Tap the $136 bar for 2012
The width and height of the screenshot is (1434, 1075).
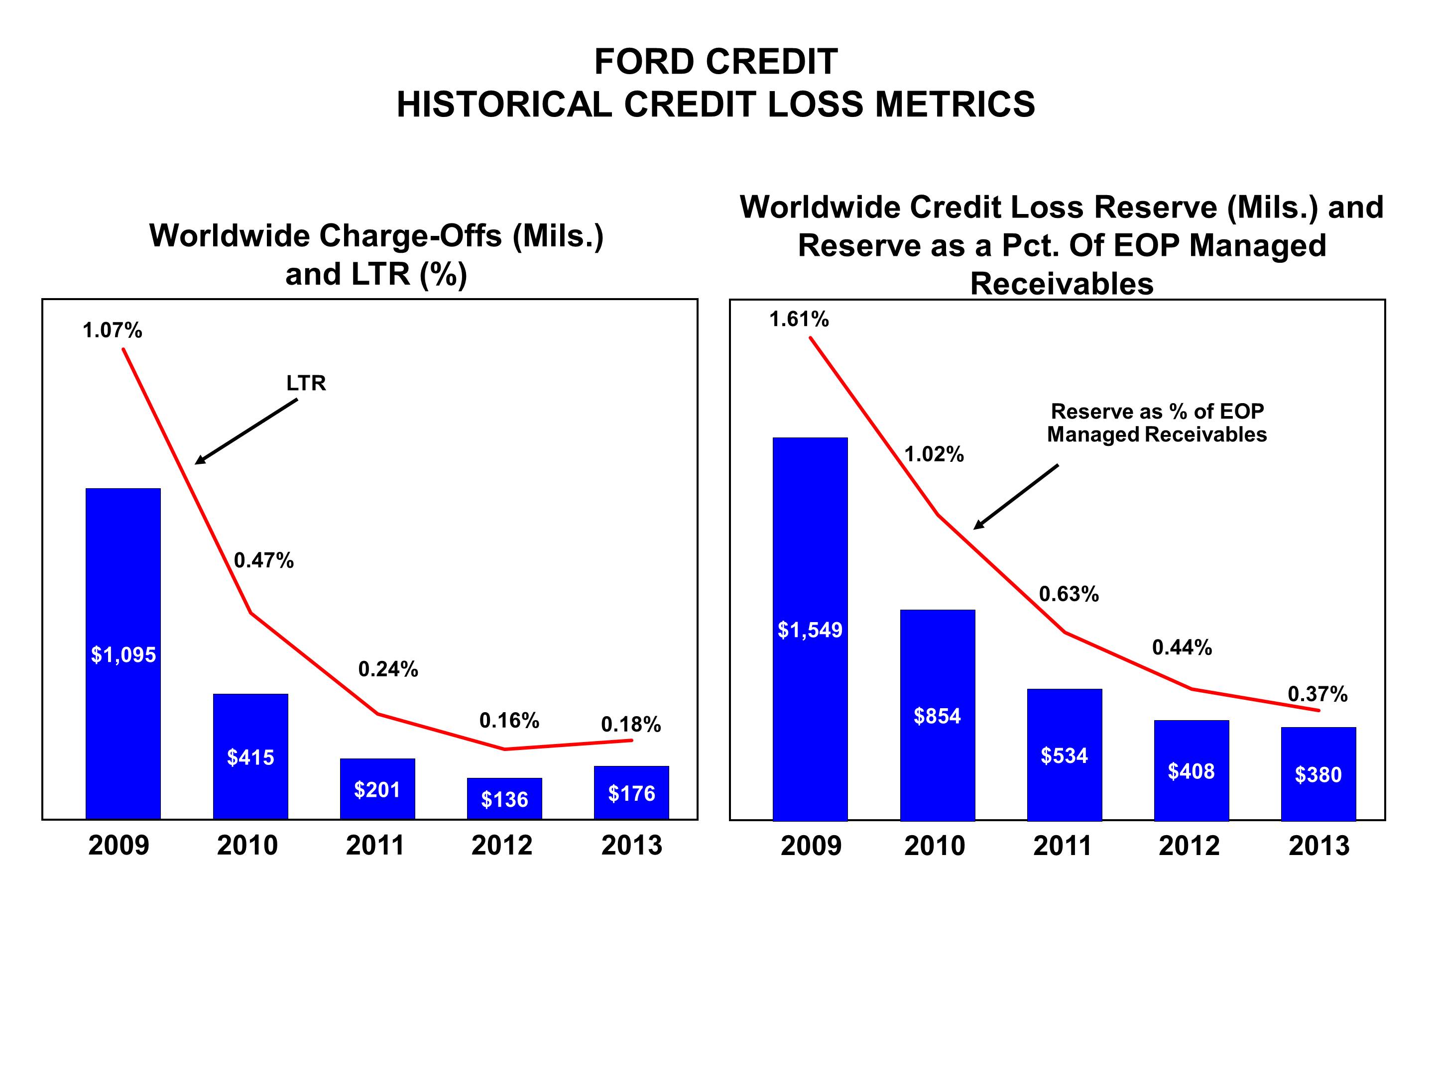[504, 798]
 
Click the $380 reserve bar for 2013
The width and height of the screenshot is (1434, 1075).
[1318, 774]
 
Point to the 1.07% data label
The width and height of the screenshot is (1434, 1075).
[112, 330]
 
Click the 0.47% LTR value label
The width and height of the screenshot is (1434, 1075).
[264, 560]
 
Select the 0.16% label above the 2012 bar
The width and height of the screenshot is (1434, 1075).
[509, 720]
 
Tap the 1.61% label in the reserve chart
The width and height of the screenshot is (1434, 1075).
[799, 319]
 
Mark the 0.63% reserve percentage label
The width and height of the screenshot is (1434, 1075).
[1069, 594]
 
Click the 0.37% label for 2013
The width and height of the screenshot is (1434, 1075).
[1317, 694]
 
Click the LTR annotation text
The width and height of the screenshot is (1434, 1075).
[306, 383]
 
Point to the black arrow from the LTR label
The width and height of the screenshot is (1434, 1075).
[246, 431]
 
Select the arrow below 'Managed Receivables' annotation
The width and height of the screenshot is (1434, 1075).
[1016, 496]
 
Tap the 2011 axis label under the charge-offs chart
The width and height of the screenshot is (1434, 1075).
[375, 846]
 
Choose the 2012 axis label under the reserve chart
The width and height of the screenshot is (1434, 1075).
[1189, 846]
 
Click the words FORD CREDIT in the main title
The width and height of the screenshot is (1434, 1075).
[716, 62]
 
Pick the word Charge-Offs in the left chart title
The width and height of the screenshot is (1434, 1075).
[410, 236]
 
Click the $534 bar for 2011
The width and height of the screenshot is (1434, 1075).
[1064, 755]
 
